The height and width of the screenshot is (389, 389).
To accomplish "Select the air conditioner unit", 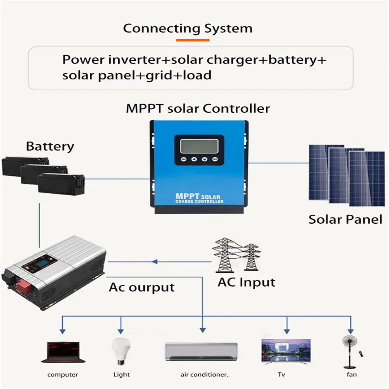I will tap(201, 352).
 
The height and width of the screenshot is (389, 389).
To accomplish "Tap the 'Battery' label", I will tap(50, 147).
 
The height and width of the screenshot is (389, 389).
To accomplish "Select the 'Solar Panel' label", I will tap(345, 219).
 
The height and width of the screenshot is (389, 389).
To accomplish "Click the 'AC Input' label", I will tap(246, 282).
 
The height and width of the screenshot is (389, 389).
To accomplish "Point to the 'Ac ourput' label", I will tap(142, 287).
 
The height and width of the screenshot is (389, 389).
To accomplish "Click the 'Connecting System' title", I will tap(187, 28).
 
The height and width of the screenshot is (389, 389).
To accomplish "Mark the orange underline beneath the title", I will tap(193, 40).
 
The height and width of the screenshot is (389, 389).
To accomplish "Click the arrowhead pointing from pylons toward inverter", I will tap(155, 261).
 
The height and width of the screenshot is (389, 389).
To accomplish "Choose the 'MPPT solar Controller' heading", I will tap(198, 108).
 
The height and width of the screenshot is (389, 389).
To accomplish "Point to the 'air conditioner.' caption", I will tap(204, 375).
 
